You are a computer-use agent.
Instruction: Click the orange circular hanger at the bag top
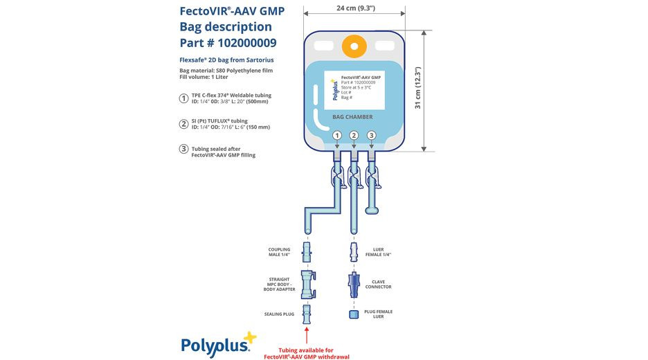354,47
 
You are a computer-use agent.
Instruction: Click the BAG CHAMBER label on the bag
352,117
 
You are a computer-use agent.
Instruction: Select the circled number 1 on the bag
336,135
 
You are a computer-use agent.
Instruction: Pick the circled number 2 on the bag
354,135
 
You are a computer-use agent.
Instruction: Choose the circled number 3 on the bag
371,135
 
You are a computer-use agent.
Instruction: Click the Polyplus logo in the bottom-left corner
217,343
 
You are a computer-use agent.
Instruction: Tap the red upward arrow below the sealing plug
307,335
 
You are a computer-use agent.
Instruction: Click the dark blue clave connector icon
354,284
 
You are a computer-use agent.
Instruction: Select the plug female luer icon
354,314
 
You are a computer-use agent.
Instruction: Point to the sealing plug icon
307,314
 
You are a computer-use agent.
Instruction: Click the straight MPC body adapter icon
307,284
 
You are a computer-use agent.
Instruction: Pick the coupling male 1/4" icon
307,251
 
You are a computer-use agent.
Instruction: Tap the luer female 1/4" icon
354,251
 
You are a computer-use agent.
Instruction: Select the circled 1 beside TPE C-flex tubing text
183,98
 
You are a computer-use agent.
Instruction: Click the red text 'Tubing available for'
306,350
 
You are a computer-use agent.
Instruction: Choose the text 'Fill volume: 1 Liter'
205,77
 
